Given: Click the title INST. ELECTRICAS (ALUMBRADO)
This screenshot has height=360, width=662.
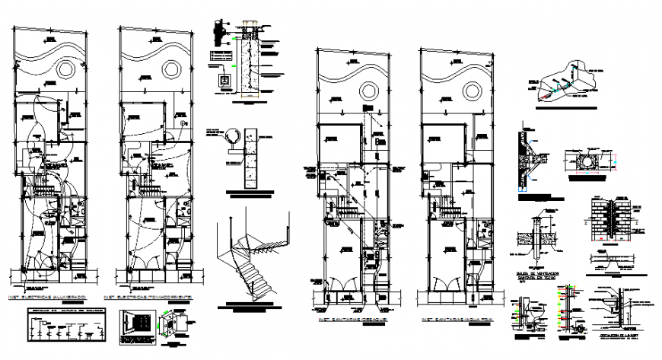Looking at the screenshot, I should (47, 295).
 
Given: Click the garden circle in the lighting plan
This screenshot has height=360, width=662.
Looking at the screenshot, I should (65, 69).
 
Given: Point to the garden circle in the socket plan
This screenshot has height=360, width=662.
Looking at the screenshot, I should (170, 69).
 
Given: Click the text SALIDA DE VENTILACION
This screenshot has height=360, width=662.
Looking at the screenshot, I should (540, 272).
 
